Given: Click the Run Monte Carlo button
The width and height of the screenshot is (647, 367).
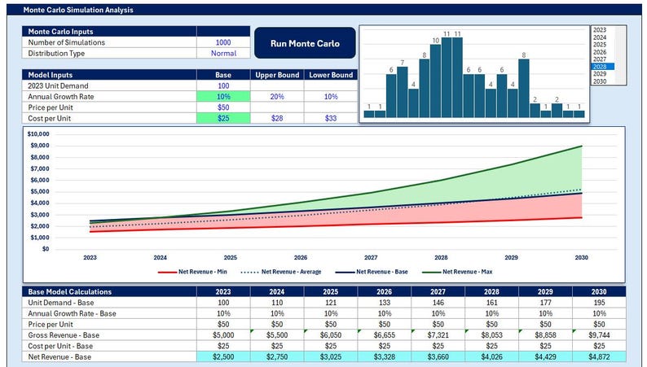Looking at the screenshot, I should pyautogui.click(x=305, y=43).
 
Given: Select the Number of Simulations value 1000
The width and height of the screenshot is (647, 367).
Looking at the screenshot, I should pyautogui.click(x=222, y=42).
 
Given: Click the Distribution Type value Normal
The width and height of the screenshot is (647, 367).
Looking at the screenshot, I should pyautogui.click(x=222, y=54).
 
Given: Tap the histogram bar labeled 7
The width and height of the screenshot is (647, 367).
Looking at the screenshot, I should pyautogui.click(x=402, y=92).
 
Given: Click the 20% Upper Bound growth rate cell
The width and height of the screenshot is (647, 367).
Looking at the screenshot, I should pyautogui.click(x=276, y=96).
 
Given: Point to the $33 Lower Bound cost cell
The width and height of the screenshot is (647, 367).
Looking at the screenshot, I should pyautogui.click(x=330, y=118).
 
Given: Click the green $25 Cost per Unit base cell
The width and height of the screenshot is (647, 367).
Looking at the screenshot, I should pyautogui.click(x=222, y=118).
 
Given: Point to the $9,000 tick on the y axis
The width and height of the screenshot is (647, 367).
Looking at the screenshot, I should pyautogui.click(x=39, y=145).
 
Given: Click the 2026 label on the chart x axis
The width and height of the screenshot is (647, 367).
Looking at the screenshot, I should pyautogui.click(x=301, y=256).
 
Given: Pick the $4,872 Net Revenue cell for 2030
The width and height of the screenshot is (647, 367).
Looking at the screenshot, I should pyautogui.click(x=599, y=356).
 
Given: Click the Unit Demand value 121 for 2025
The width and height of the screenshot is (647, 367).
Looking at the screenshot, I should pyautogui.click(x=301, y=302).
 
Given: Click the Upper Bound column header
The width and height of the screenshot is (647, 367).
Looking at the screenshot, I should pyautogui.click(x=276, y=75).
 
